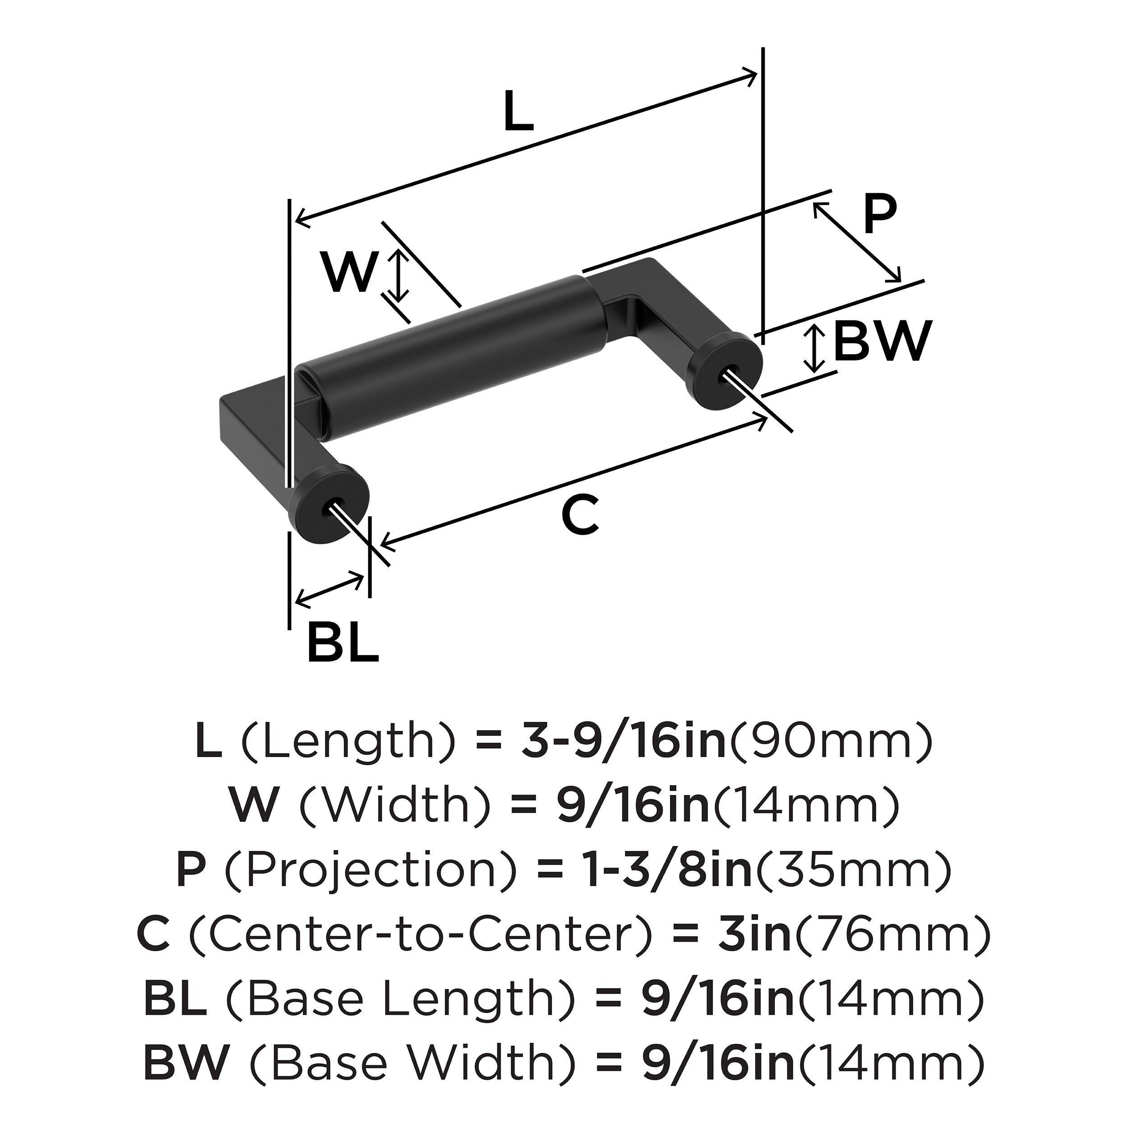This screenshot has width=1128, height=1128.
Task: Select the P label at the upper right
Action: click(x=878, y=215)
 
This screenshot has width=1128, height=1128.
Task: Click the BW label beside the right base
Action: click(x=880, y=343)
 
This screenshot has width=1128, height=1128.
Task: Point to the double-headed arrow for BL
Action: click(x=330, y=590)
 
